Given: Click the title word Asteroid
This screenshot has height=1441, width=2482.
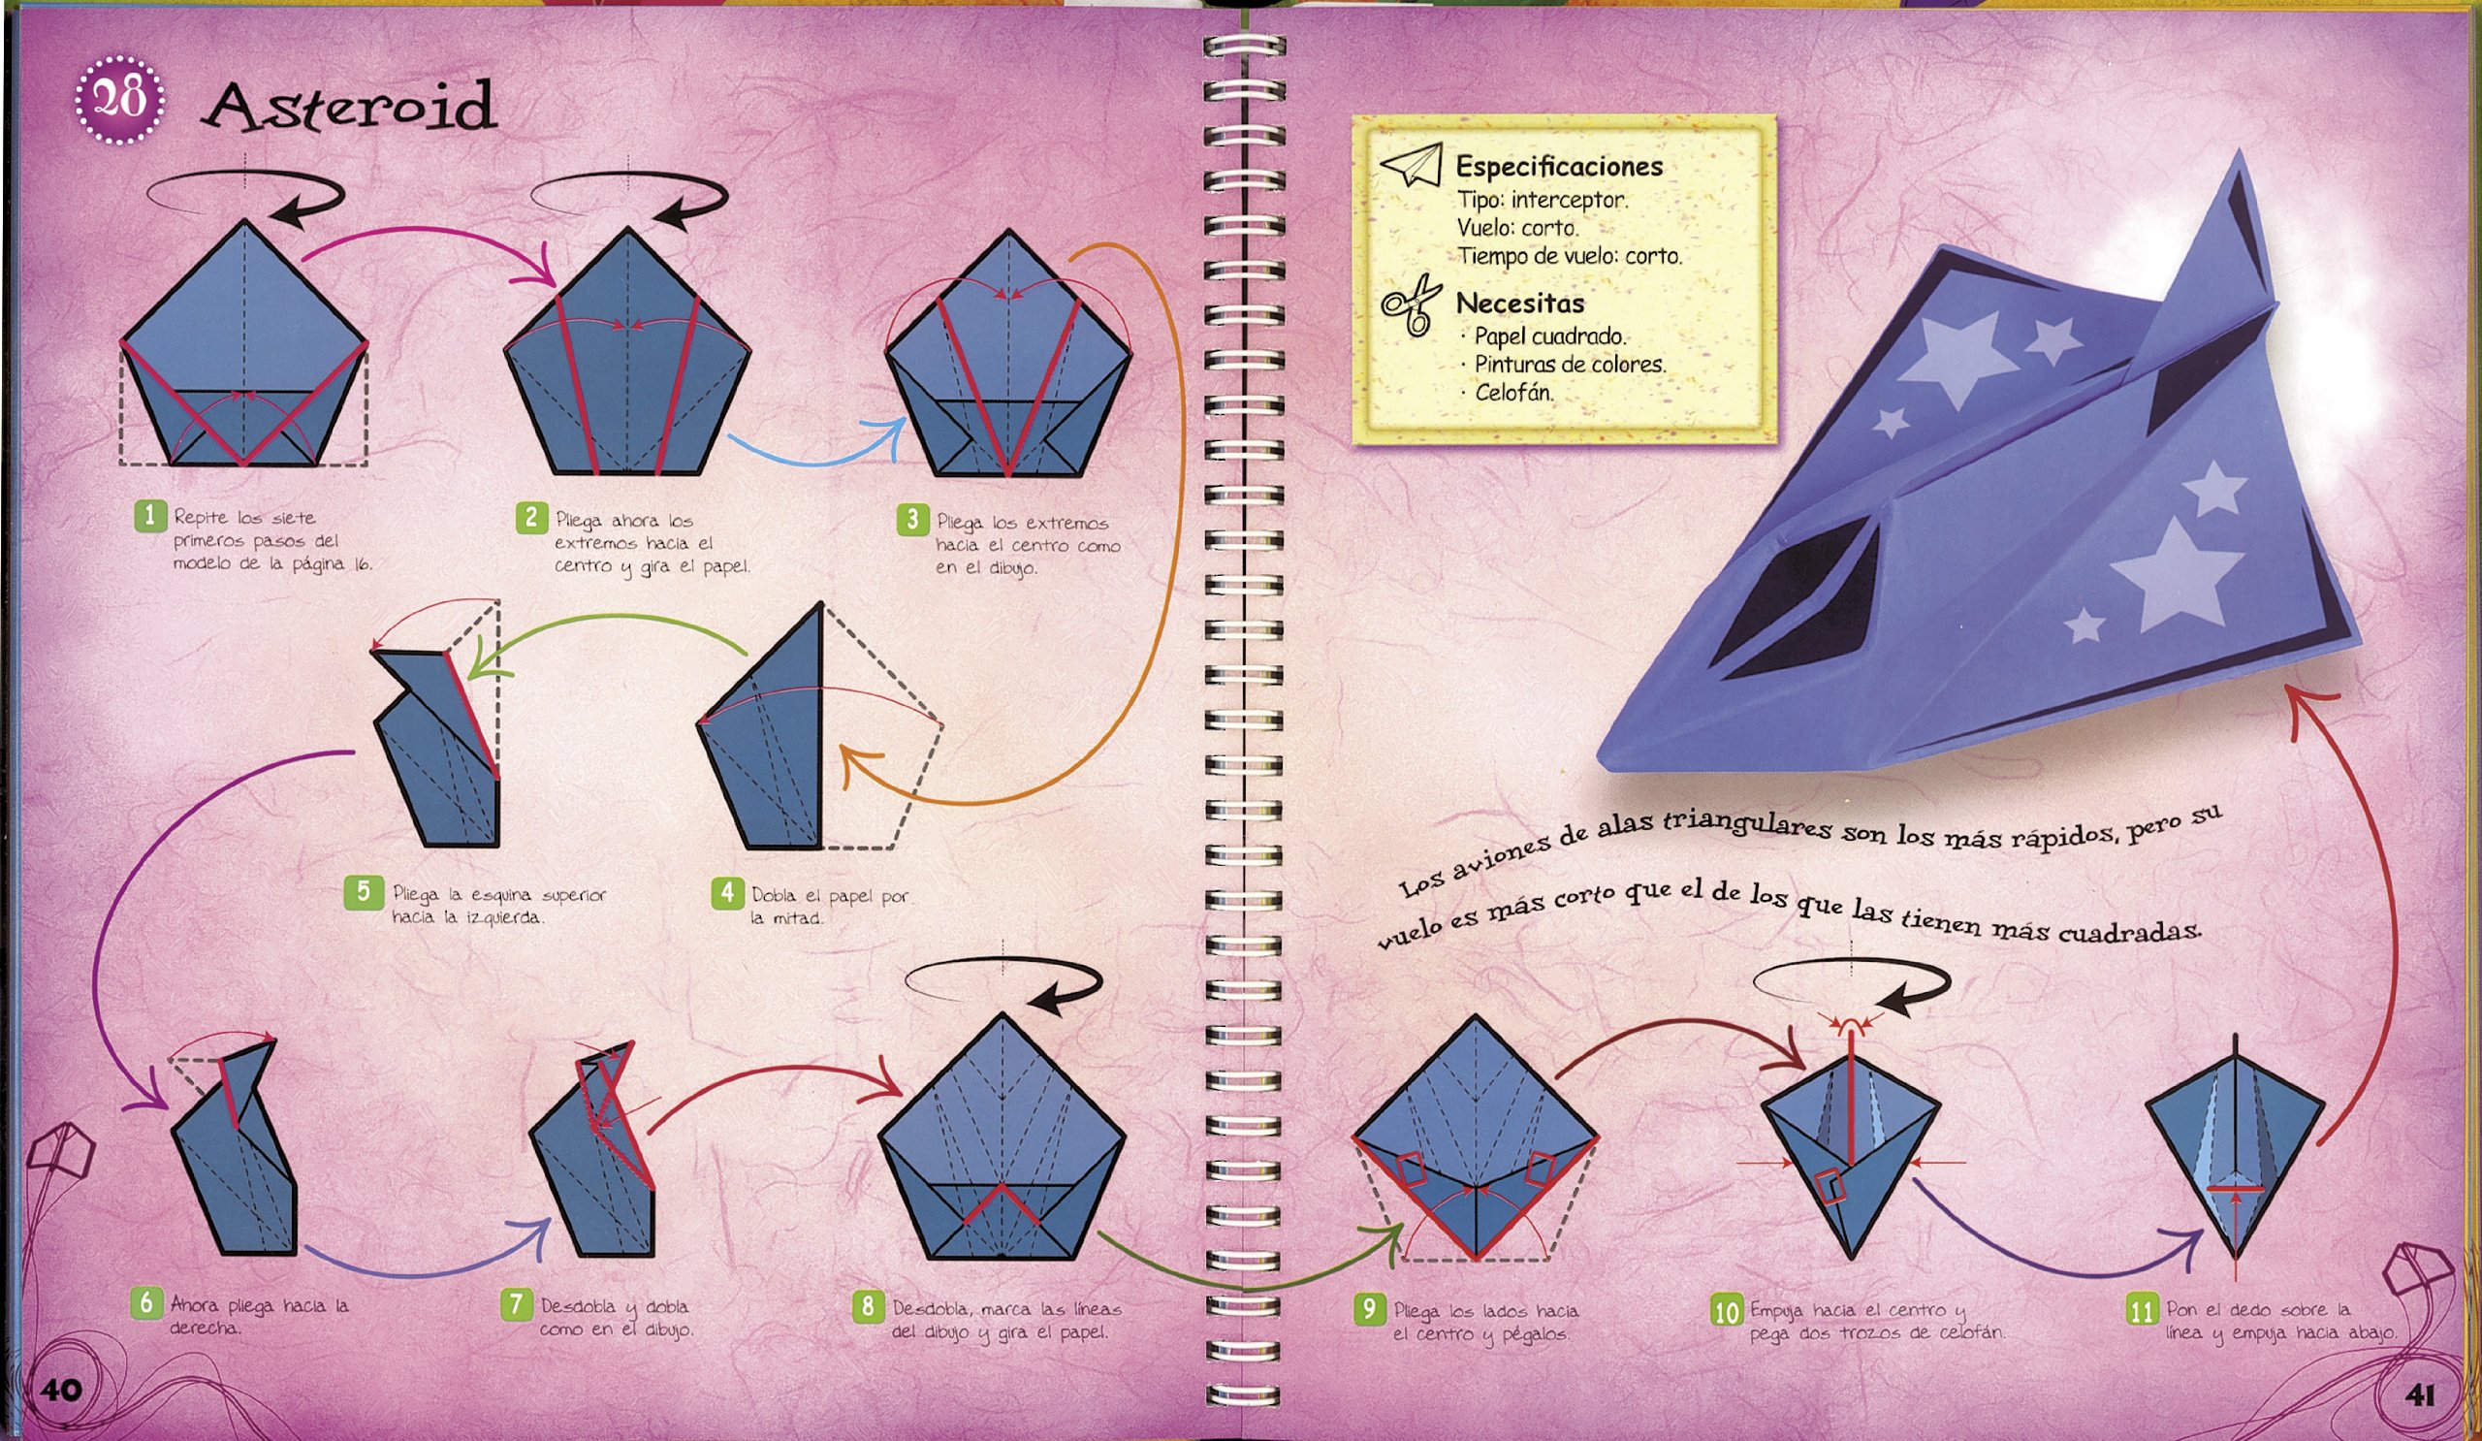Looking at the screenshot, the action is pos(349,107).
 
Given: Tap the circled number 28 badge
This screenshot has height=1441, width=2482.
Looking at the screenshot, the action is pos(119,100).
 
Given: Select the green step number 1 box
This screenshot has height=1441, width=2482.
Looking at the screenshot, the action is pos(150,515).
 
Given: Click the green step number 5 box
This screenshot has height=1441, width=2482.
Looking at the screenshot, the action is pos(364,891).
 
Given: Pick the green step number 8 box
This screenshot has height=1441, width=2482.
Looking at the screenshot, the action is pos(868,1307).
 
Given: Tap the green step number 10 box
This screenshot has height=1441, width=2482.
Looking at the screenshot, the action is pos(1727,1311).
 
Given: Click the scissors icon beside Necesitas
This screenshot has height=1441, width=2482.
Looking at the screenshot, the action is pos(1411,304).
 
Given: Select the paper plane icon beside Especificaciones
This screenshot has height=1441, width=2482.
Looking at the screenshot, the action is pos(1412,165).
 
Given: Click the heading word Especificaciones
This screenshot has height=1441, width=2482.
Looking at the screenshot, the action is pos(1559,167).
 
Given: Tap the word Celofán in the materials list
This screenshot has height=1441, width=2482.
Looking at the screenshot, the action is pos(1513,392).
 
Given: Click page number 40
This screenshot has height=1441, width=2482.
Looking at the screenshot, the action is pos(60,1390).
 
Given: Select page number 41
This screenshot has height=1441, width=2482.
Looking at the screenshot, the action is pos(2420,1394).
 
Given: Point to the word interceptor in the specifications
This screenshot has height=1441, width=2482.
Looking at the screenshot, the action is pos(1569,200).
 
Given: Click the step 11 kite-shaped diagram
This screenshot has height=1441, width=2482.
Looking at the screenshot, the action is pos(2236,1149).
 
